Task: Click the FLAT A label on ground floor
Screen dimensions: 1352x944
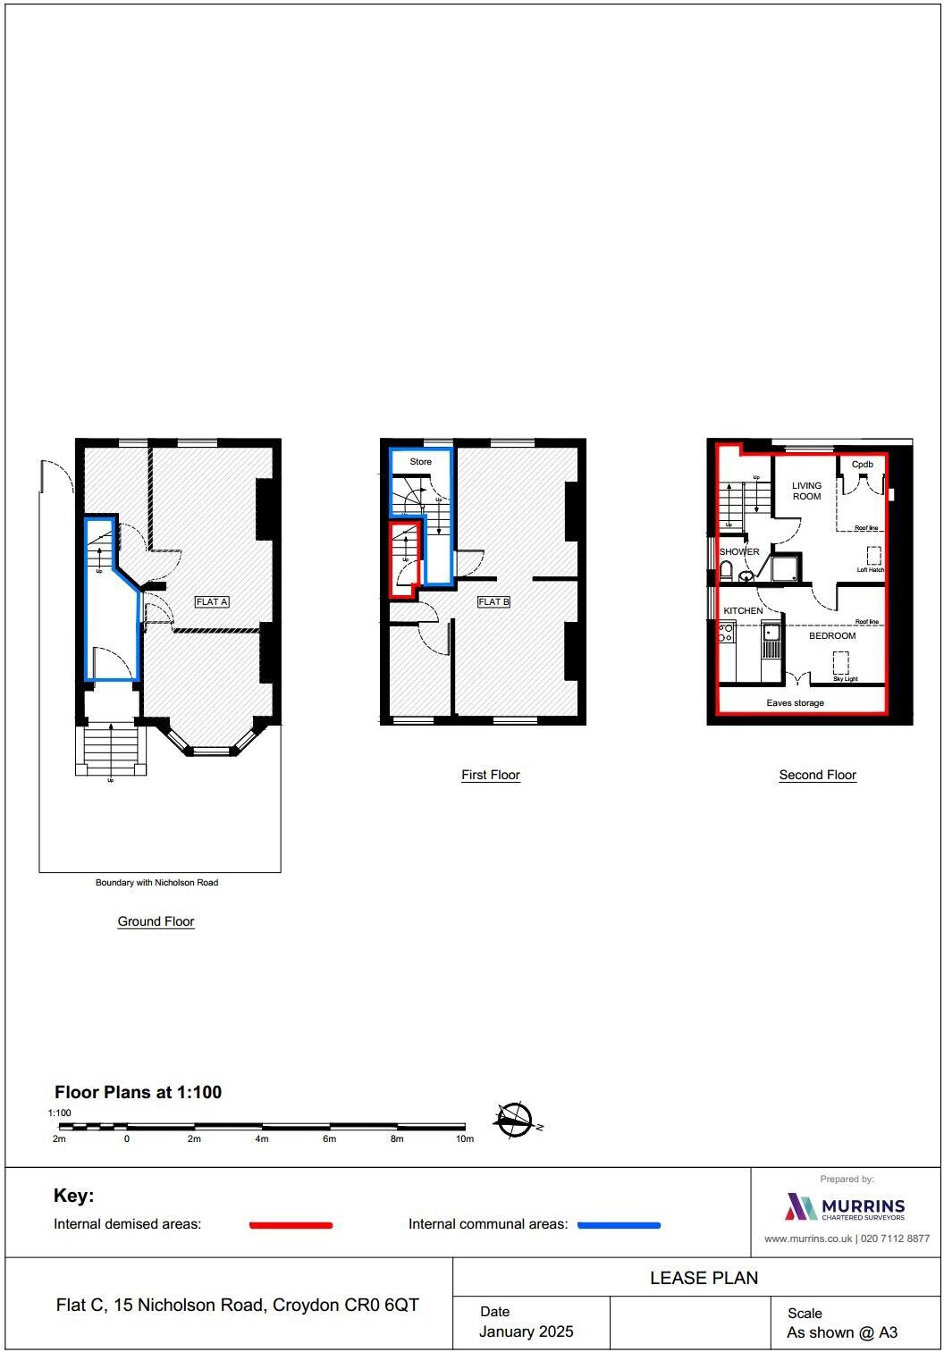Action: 212,602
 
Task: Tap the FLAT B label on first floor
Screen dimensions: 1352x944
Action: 493,602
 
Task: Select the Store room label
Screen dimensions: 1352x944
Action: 420,462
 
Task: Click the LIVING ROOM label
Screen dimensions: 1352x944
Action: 806,491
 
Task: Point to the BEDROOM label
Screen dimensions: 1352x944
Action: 832,636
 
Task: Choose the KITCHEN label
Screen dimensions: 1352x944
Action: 743,611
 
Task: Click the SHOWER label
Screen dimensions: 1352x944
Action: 739,552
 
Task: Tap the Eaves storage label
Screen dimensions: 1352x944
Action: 795,703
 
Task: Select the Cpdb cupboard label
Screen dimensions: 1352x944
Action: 862,465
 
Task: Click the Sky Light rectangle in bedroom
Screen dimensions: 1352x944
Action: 841,663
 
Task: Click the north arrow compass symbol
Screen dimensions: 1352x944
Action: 515,1120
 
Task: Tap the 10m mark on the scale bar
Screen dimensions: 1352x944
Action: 465,1139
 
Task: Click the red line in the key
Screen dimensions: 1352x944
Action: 291,1225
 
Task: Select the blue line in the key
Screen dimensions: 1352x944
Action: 619,1225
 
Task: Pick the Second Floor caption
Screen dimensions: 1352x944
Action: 817,776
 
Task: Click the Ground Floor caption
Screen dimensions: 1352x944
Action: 156,922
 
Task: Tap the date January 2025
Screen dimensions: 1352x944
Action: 526,1331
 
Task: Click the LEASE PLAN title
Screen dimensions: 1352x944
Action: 704,1278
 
